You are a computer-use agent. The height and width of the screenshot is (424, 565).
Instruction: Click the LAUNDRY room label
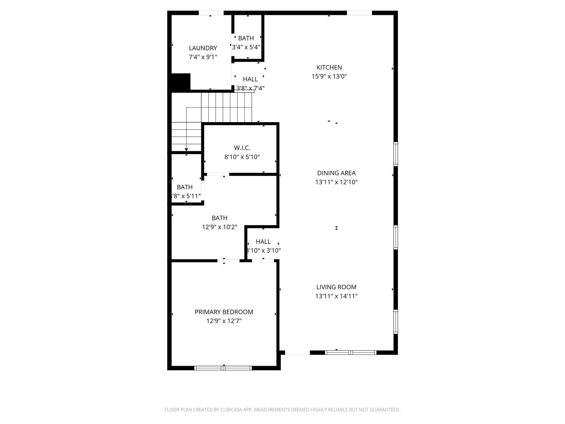pos(203,48)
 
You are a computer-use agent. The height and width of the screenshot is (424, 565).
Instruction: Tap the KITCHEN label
pos(329,68)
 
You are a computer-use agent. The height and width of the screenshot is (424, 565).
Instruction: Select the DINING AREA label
pos(336,173)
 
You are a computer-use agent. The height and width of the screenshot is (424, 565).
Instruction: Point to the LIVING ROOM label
pos(336,287)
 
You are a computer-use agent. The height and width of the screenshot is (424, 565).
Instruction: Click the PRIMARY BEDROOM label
pos(224,312)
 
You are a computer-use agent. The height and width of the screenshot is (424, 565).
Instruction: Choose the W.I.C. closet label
pos(242,148)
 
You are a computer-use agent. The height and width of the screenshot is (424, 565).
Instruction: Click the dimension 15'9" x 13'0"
pos(329,76)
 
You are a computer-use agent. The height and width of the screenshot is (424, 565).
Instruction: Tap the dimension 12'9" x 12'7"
pos(224,321)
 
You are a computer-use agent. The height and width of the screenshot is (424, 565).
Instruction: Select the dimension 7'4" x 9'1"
pos(203,57)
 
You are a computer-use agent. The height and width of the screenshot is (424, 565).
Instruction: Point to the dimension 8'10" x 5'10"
pos(242,157)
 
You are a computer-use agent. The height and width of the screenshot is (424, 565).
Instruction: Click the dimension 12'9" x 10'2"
pos(219,227)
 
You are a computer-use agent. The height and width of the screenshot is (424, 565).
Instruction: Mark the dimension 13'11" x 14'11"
pos(336,296)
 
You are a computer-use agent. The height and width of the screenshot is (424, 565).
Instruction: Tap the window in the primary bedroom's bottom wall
pos(223,368)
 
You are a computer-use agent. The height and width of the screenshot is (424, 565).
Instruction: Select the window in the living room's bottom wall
pos(350,353)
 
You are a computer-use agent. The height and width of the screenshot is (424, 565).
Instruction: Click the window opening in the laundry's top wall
pos(211,13)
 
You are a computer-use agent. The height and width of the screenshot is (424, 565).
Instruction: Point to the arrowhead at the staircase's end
pos(186,150)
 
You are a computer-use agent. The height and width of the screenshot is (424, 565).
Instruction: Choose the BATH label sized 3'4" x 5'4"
pos(246,38)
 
